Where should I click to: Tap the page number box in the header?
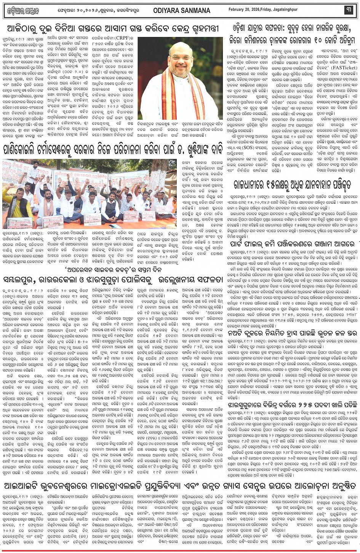tap(348, 10)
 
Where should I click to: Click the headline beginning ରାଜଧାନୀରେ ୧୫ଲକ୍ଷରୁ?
tap(292, 185)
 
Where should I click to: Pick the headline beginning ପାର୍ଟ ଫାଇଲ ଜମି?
tap(293, 233)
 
